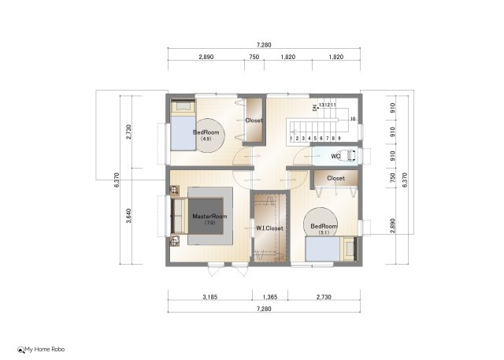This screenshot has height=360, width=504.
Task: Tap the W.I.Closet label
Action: click(269, 228)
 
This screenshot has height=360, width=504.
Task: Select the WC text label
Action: click(335, 156)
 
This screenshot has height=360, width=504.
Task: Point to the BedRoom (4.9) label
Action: click(206, 132)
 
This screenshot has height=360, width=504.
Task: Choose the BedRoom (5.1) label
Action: click(324, 227)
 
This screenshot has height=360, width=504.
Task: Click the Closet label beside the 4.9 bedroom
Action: click(254, 121)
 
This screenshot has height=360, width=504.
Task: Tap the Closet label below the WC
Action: click(335, 178)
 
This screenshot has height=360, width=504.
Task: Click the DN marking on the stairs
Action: click(314, 107)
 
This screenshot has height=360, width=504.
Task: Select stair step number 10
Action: click(352, 119)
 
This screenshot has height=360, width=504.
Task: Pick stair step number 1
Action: click(292, 138)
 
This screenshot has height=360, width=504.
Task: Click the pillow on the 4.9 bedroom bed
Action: click(183, 106)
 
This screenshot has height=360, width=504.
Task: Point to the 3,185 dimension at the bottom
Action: click(209, 298)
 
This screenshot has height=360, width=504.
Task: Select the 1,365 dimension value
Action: click(269, 298)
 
